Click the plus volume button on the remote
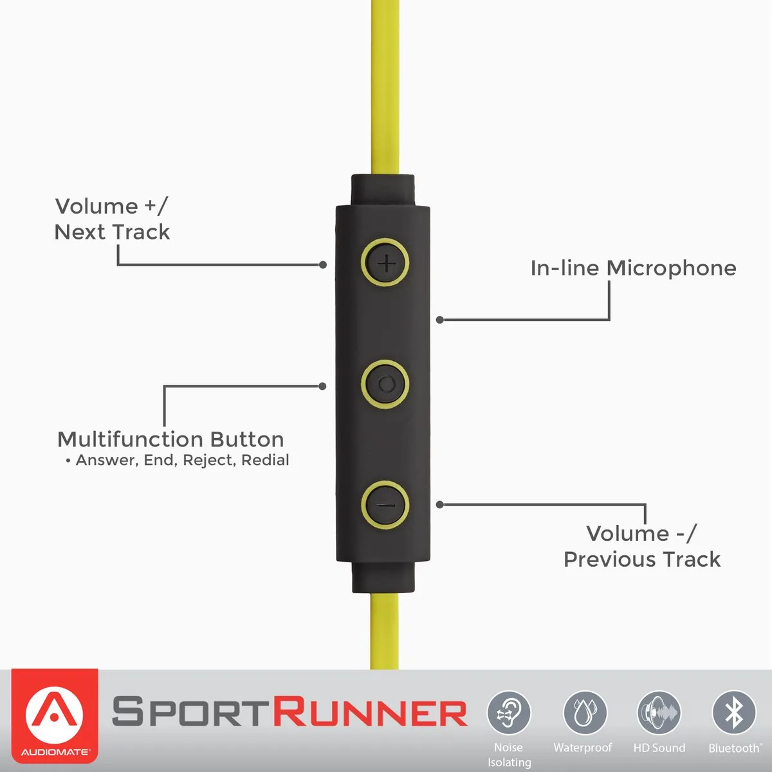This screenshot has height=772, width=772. (385, 263)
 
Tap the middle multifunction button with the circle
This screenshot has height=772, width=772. (385, 384)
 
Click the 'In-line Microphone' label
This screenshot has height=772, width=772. (634, 268)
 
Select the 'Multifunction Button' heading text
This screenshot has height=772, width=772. (171, 439)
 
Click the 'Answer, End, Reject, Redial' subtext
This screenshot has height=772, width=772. (182, 461)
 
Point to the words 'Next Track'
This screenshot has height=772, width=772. (112, 232)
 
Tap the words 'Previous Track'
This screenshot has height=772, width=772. (642, 559)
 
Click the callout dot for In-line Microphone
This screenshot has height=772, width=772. (439, 320)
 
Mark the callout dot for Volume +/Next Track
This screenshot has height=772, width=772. (323, 265)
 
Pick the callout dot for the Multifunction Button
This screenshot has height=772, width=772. (322, 386)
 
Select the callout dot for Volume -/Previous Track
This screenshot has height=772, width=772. (439, 505)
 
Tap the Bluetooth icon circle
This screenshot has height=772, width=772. (734, 713)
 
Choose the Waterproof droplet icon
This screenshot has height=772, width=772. (585, 713)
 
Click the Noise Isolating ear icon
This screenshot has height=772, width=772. (509, 713)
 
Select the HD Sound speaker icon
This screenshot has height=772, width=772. (659, 713)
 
